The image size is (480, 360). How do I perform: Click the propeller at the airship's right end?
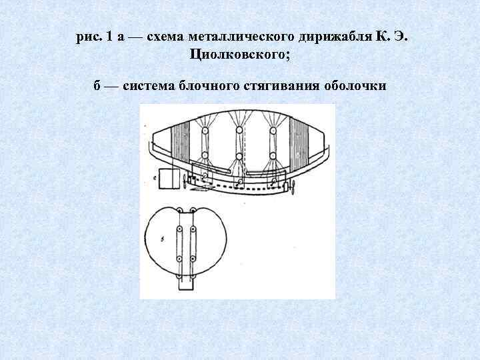click(x=292, y=189)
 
